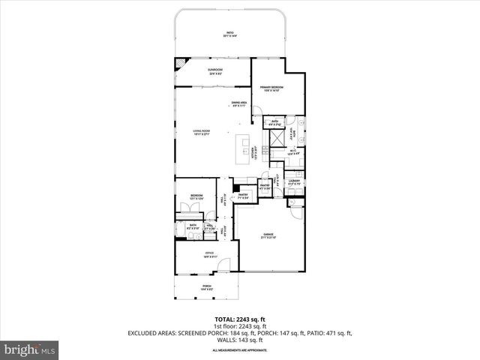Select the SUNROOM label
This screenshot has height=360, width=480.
(214, 71)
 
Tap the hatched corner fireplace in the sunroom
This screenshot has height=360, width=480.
(181, 64)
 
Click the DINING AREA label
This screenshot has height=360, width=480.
(240, 103)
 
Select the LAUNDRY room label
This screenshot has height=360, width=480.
(295, 181)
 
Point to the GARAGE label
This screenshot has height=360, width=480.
(268, 235)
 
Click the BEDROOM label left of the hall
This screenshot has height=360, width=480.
(196, 196)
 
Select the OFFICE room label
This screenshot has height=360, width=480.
(209, 253)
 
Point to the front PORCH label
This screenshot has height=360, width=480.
(206, 286)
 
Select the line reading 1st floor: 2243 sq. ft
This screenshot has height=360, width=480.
(239, 325)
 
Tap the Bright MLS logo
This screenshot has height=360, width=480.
(29, 350)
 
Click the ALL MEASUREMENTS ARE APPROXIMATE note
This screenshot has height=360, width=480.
(239, 350)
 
